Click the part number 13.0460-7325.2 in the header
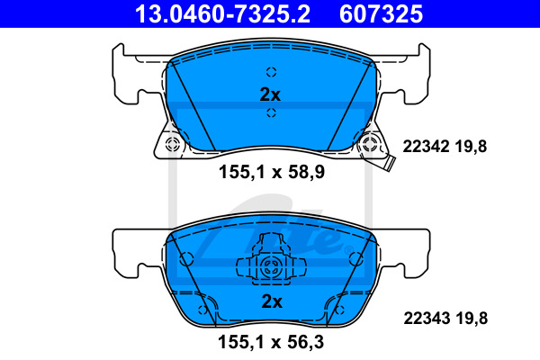[222, 14]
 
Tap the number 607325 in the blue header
[381, 14]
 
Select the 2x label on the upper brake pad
[270, 94]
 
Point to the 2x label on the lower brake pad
[272, 301]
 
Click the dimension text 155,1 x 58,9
[272, 172]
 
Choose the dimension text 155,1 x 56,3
[271, 342]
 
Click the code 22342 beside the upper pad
[426, 147]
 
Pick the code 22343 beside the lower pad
[427, 318]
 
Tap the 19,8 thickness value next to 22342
[471, 147]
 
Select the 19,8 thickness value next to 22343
[472, 319]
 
